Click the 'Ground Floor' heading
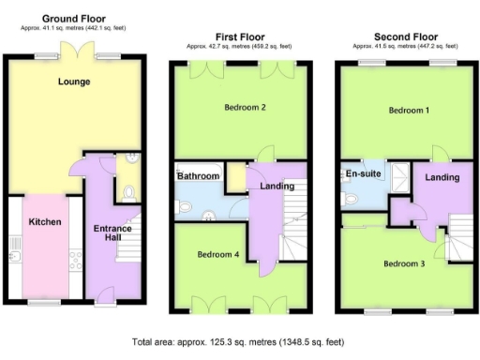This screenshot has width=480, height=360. (73, 18)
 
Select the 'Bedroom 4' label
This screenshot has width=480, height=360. (218, 254)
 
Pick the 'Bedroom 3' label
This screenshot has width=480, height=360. (404, 263)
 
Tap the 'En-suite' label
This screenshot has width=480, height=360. (362, 173)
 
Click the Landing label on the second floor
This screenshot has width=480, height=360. (441, 177)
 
